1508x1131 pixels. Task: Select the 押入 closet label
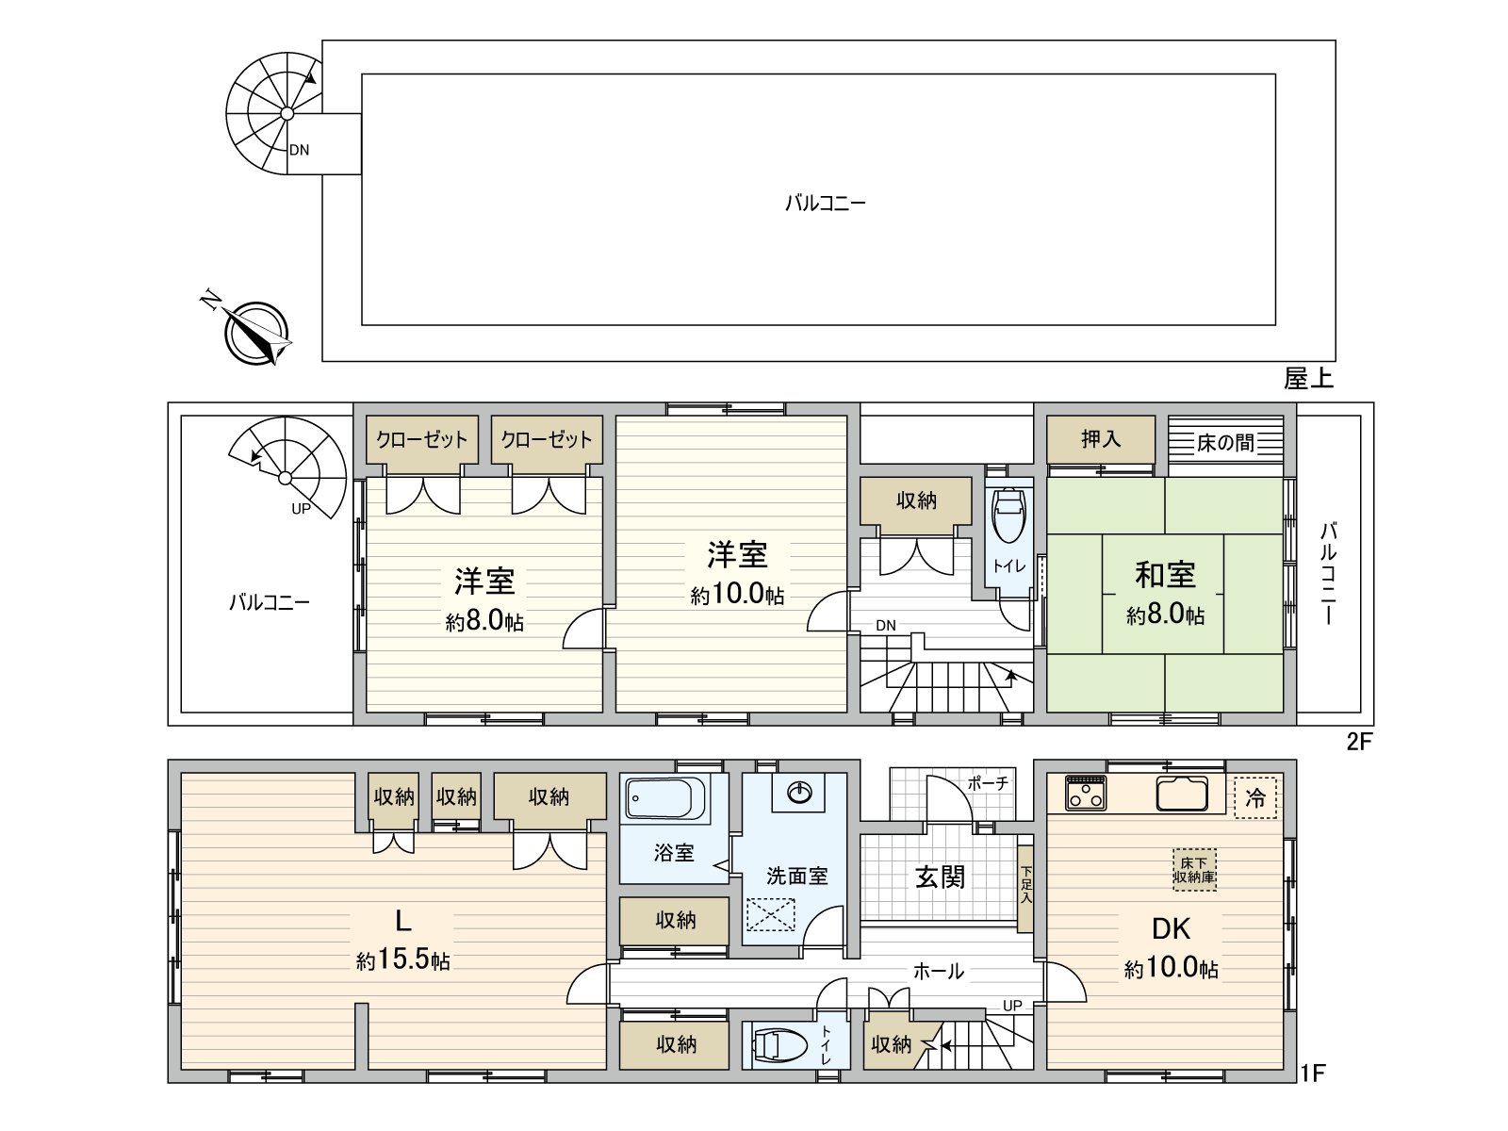pyautogui.click(x=1100, y=439)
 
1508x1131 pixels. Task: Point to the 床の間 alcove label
pyautogui.click(x=1226, y=442)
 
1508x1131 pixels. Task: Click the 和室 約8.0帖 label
pyautogui.click(x=1165, y=593)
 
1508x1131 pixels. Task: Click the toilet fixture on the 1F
pyautogui.click(x=779, y=1045)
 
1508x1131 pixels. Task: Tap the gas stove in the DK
pyautogui.click(x=1087, y=794)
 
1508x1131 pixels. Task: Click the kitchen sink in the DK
pyautogui.click(x=1182, y=795)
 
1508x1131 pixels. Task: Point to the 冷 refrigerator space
pyautogui.click(x=1255, y=797)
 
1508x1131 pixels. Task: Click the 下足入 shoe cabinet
pyautogui.click(x=1025, y=886)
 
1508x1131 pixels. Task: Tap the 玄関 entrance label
pyautogui.click(x=940, y=877)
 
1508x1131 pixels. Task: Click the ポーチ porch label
pyautogui.click(x=988, y=783)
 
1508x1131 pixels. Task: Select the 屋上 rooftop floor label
pyautogui.click(x=1308, y=379)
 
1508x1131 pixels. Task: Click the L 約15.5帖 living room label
pyautogui.click(x=403, y=938)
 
